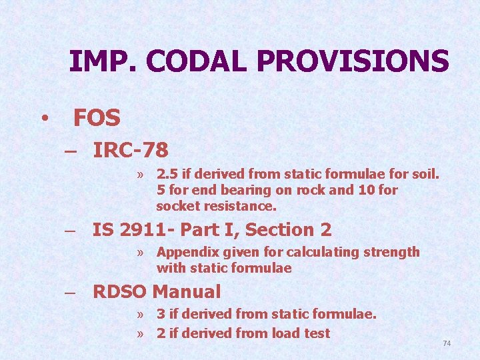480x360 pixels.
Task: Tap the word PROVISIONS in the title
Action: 353,62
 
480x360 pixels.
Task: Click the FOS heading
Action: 97,118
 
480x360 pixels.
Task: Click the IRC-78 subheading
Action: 131,149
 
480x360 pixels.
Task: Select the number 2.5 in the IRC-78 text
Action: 167,175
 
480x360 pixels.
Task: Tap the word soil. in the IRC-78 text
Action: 425,175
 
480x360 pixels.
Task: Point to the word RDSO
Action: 120,291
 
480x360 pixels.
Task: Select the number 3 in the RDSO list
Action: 161,313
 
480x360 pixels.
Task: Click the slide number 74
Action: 447,343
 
